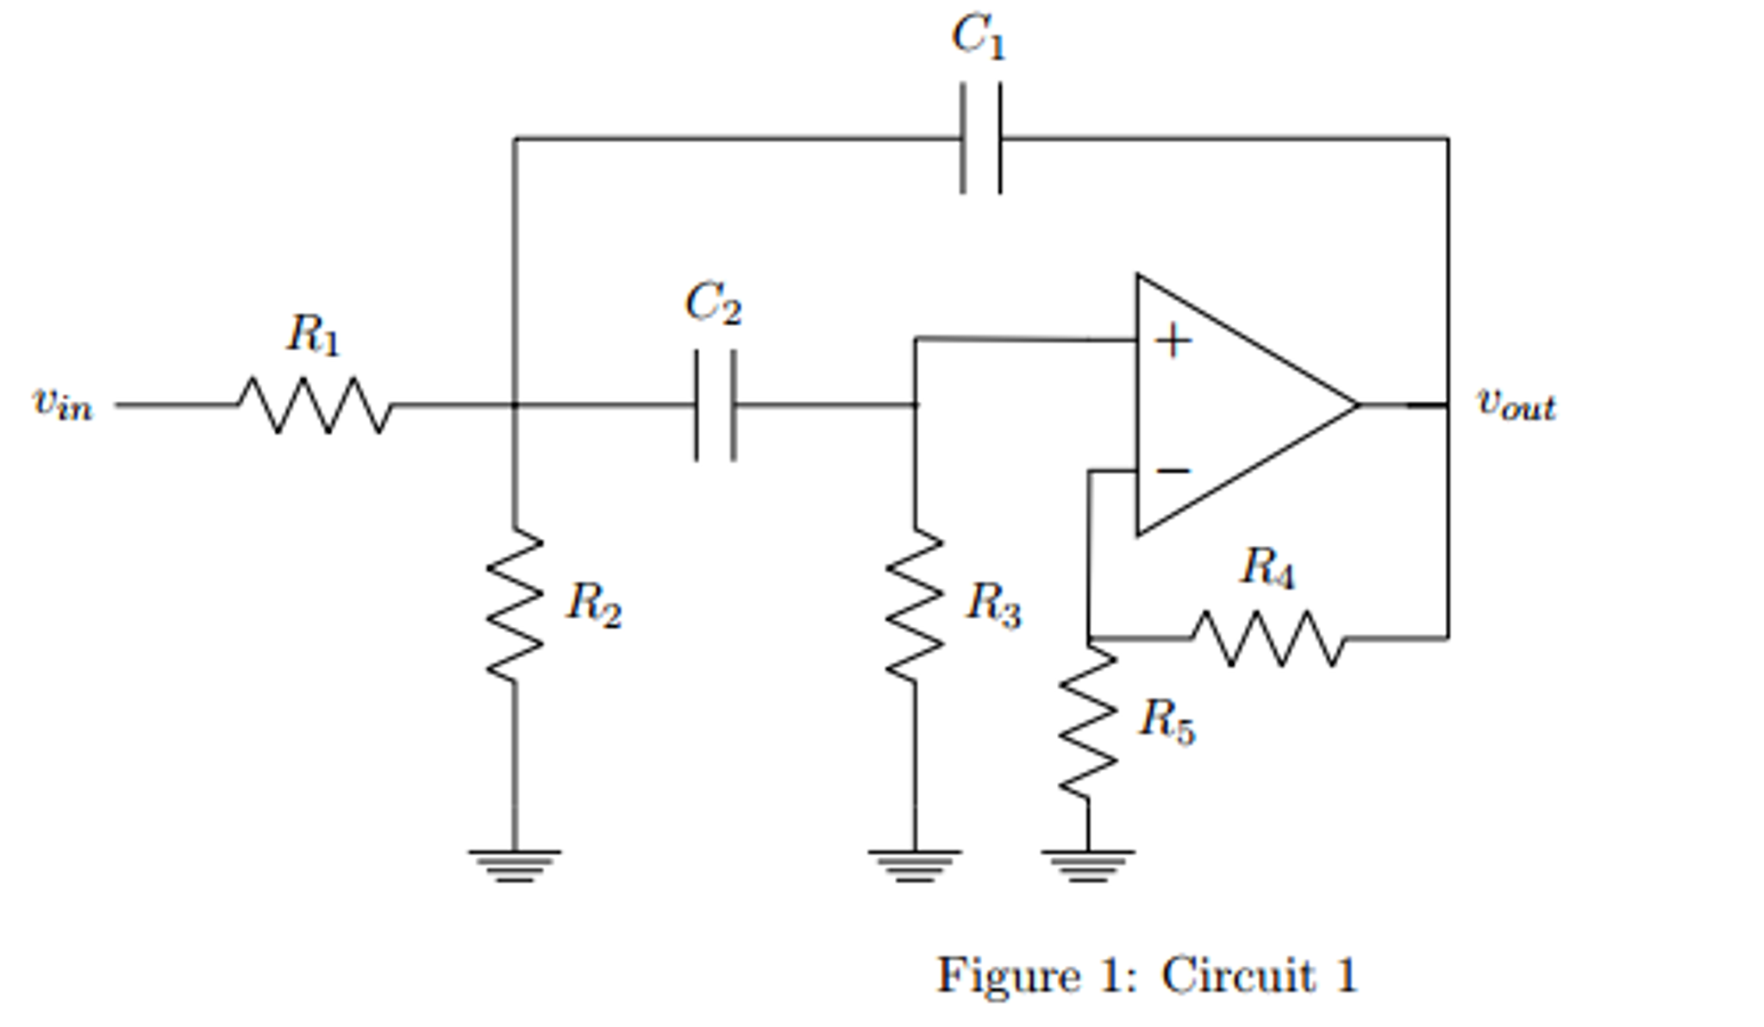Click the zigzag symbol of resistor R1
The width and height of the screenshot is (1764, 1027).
(x=315, y=404)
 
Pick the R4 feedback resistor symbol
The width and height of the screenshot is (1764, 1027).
(x=1268, y=638)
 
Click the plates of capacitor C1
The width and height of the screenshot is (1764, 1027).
(x=981, y=138)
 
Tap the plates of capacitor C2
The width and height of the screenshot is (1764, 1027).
(x=716, y=404)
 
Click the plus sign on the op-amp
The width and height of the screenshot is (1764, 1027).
(x=1173, y=341)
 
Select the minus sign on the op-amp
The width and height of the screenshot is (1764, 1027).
(x=1173, y=471)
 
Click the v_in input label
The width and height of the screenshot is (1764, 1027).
(x=62, y=403)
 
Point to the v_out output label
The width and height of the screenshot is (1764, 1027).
(x=1517, y=404)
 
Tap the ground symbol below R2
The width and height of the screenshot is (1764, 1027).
(x=515, y=865)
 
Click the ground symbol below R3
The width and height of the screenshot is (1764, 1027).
(x=915, y=865)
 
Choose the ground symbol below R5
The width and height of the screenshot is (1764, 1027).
(x=1088, y=865)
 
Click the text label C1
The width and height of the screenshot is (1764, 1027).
(x=979, y=38)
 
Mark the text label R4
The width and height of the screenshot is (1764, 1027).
(x=1267, y=570)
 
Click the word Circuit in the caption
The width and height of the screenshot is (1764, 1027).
(x=1237, y=975)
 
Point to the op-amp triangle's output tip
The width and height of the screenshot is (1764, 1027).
(x=1357, y=404)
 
